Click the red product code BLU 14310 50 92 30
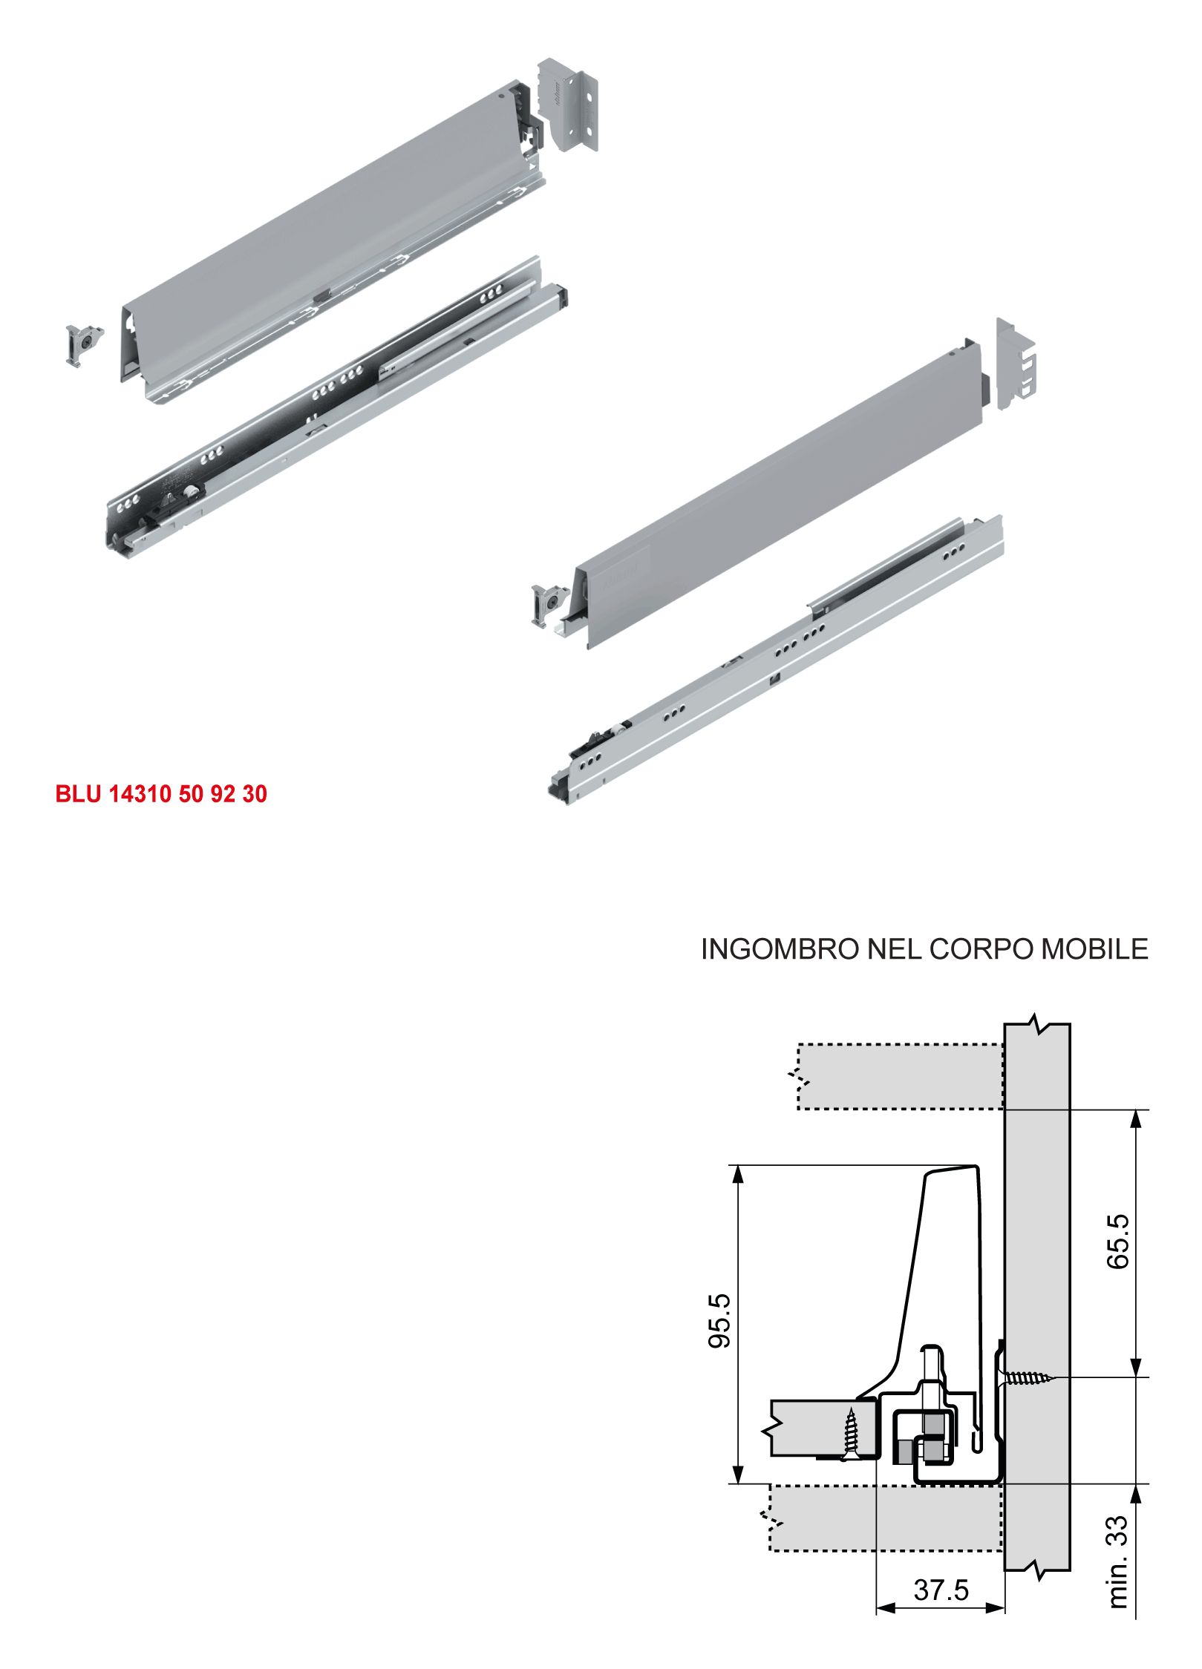coord(161,794)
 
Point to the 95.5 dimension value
coord(719,1320)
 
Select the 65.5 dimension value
coord(1117,1242)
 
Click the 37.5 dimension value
coord(941,1590)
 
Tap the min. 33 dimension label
coord(1117,1562)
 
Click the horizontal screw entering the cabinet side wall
coord(1027,1378)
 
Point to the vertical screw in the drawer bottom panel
coord(851,1433)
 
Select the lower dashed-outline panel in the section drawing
coord(883,1518)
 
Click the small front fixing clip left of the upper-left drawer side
coord(84,345)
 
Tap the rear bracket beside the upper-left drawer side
coord(568,105)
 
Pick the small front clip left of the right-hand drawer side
coord(549,606)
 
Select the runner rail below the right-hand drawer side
coord(776,660)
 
